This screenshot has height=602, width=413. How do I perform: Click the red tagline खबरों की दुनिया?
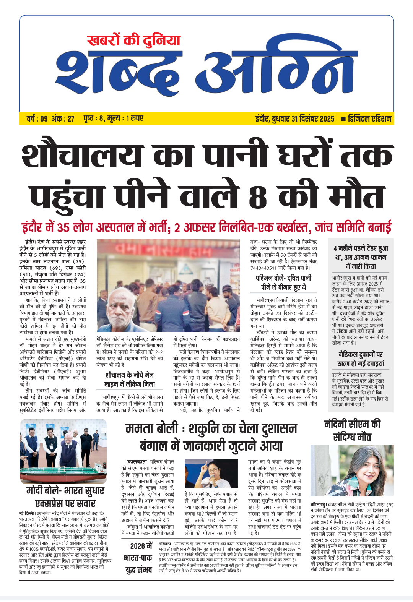(133, 40)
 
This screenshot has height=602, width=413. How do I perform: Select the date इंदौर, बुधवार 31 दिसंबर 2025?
(295, 119)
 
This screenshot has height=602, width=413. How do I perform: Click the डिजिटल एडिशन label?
(369, 119)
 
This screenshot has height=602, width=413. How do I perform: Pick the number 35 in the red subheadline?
(63, 228)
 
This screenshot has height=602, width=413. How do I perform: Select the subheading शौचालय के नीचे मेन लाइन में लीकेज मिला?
(130, 379)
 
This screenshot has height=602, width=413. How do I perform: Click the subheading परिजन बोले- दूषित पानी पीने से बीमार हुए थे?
(283, 282)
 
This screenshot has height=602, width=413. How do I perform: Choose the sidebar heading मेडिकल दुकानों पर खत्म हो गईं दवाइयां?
(361, 359)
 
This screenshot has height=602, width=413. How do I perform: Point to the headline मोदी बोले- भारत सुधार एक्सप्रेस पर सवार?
(65, 497)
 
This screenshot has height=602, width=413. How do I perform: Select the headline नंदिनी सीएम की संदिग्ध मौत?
(352, 430)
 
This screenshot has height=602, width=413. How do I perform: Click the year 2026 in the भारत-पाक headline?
(138, 546)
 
